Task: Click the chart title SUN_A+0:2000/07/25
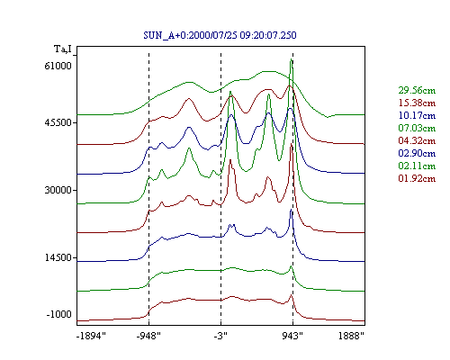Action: (190, 35)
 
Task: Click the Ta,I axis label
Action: (63, 49)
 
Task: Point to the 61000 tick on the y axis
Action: (58, 66)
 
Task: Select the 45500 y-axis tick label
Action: (58, 122)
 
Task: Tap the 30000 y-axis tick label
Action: (58, 190)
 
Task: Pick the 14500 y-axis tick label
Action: (58, 257)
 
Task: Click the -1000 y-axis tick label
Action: (59, 314)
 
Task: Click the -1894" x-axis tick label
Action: (91, 336)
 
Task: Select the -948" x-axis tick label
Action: (148, 336)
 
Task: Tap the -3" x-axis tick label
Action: (220, 336)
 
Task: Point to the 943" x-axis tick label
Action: (292, 336)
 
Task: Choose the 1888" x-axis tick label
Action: (351, 336)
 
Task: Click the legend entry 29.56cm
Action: (417, 90)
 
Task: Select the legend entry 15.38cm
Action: (417, 103)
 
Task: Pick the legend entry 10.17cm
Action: (417, 115)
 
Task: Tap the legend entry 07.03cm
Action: (417, 128)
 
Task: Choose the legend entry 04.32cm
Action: (417, 140)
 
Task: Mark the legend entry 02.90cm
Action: (417, 153)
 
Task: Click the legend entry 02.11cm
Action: (417, 166)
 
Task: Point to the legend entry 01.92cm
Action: (417, 178)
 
